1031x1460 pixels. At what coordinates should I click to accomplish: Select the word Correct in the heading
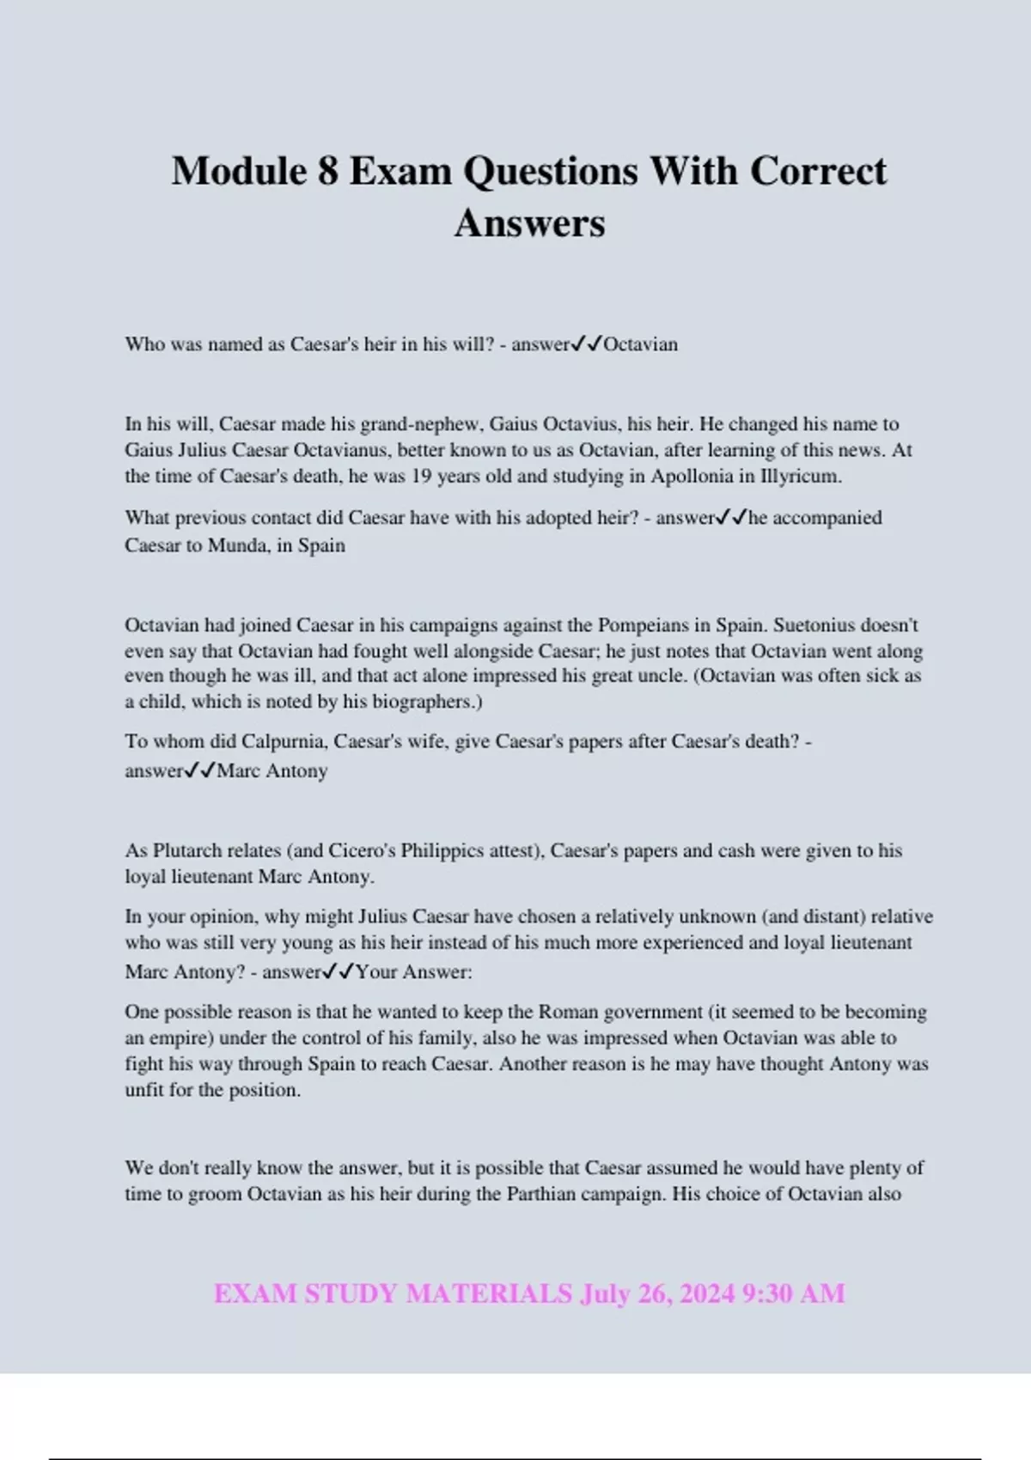(818, 171)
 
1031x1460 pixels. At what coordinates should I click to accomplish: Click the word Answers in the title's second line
(529, 223)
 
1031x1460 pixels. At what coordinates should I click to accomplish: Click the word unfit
(144, 1091)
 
